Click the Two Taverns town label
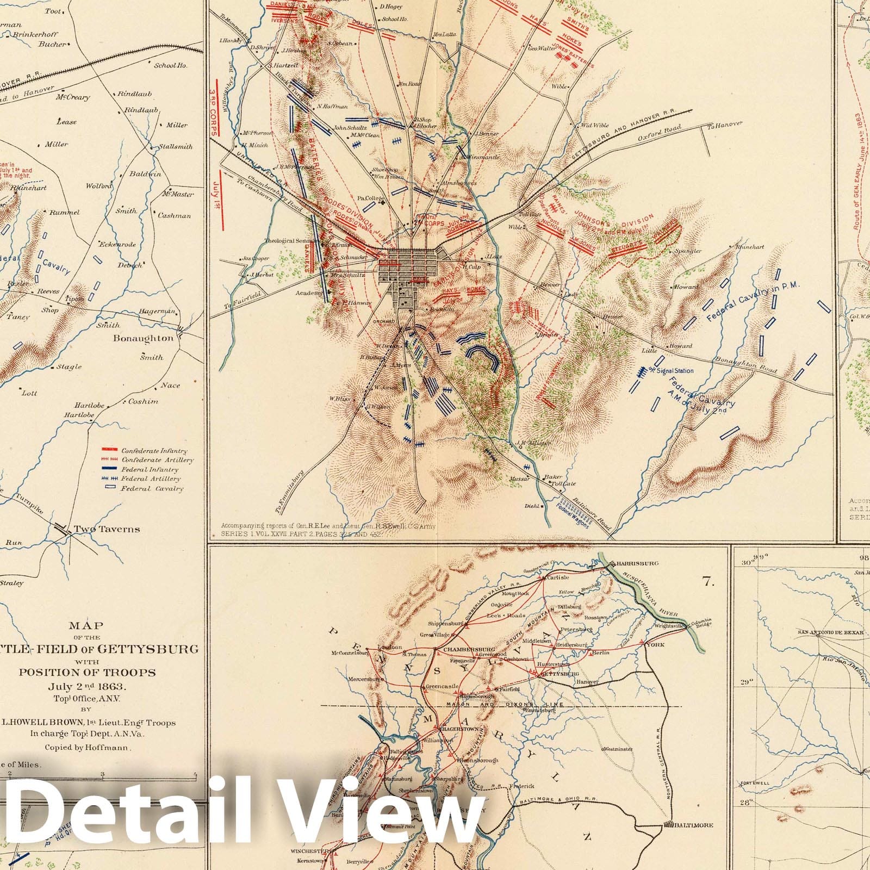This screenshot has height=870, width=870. [x=107, y=529]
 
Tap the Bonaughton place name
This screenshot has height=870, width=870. [x=143, y=338]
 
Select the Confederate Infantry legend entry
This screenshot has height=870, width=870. [x=154, y=451]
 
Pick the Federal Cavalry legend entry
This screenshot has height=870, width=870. [x=152, y=488]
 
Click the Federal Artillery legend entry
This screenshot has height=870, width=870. [x=151, y=479]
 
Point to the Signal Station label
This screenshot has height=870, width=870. [x=675, y=371]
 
